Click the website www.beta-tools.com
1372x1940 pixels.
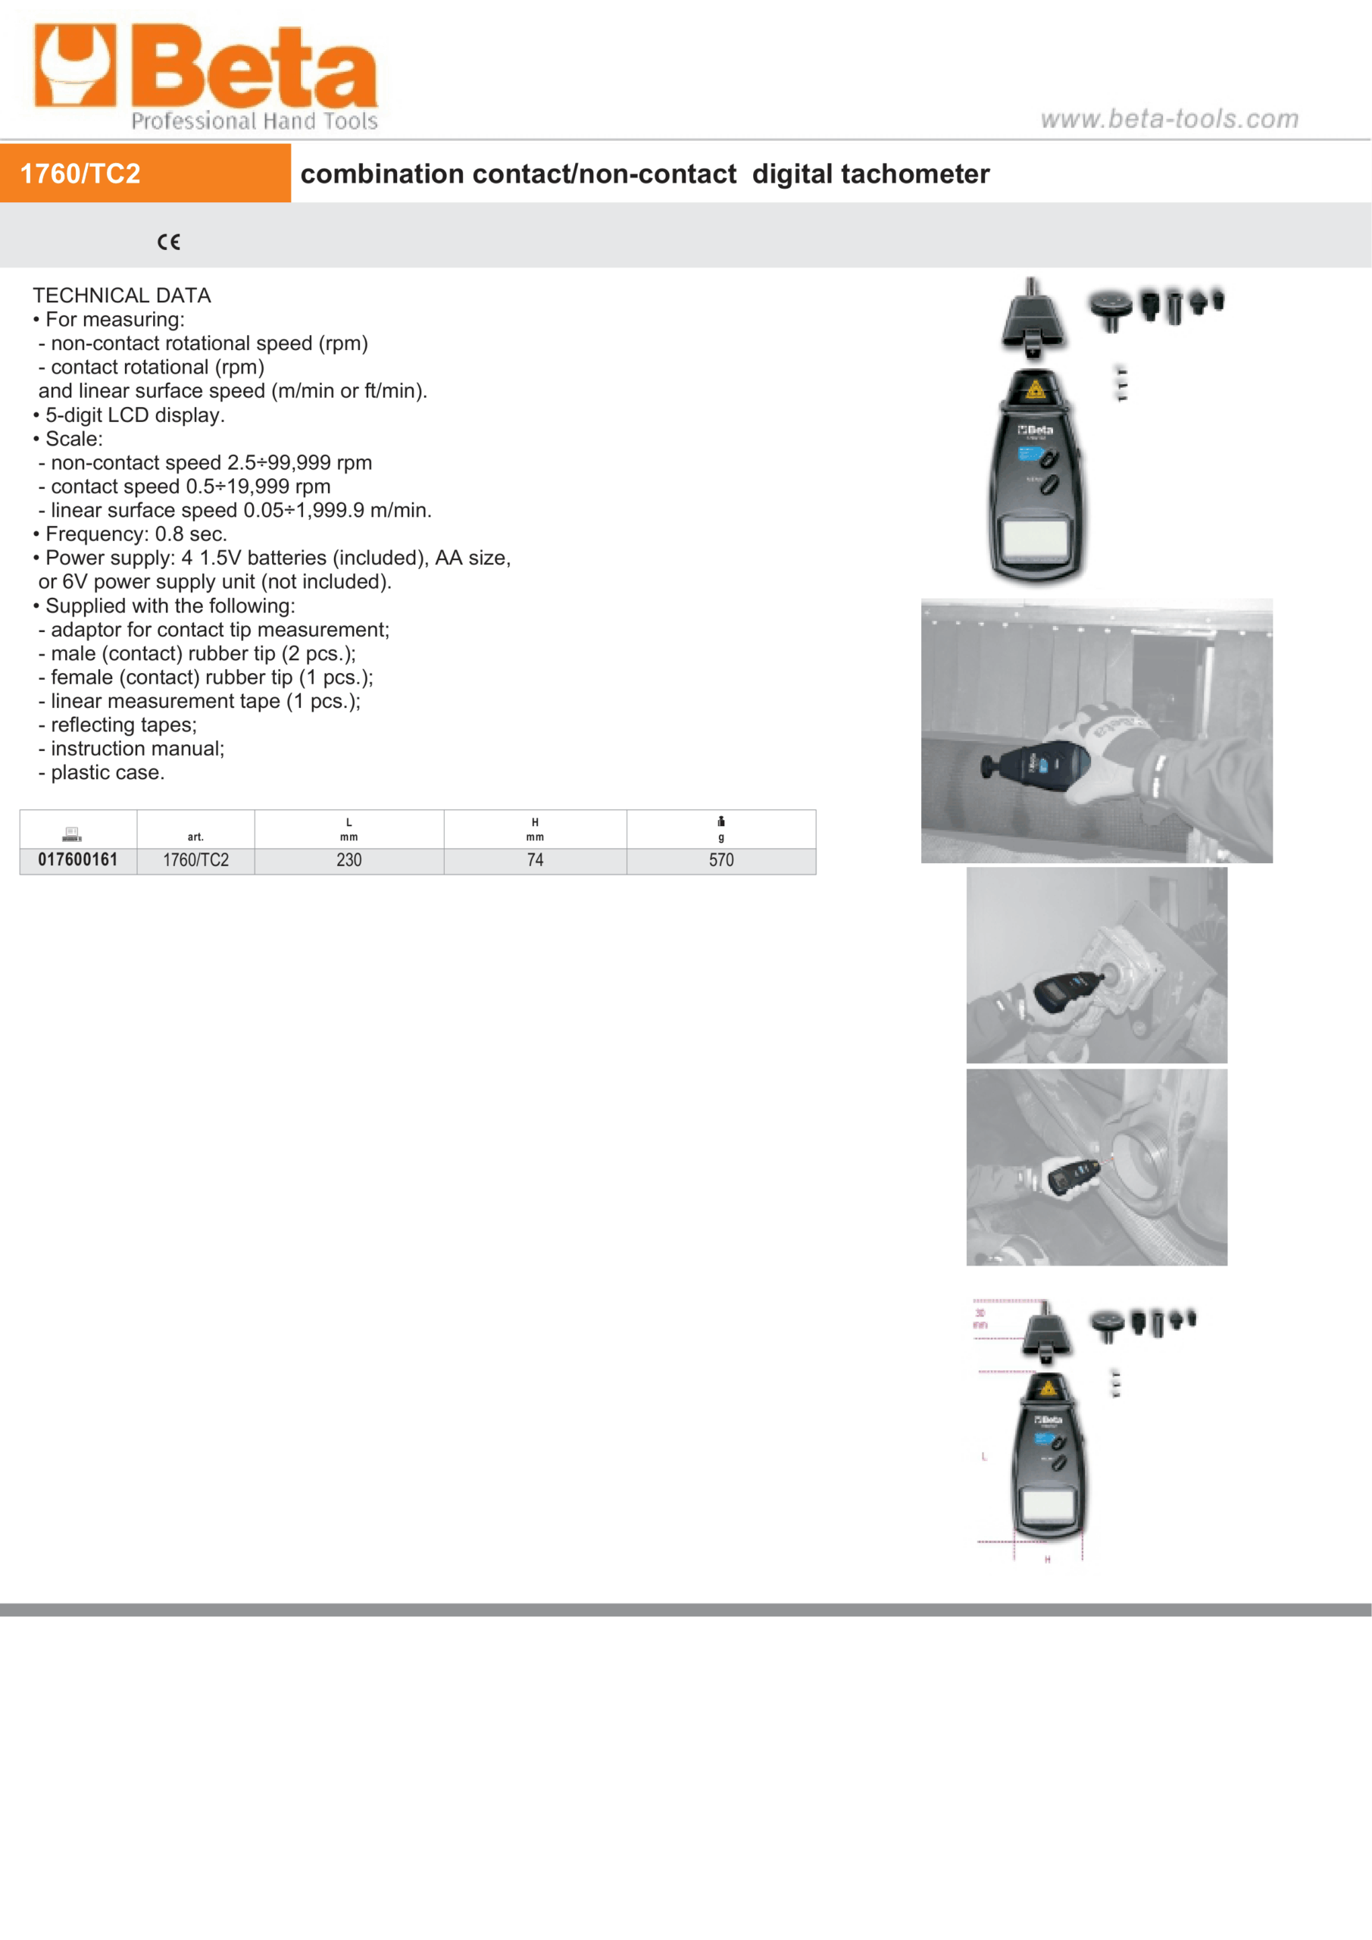tap(1169, 118)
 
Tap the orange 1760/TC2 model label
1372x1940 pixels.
tap(80, 174)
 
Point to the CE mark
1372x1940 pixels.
tap(168, 242)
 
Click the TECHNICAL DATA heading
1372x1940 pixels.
tap(122, 295)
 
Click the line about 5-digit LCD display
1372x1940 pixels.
tap(134, 415)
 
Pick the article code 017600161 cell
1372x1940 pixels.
tap(78, 859)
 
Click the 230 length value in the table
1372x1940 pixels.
tap(349, 860)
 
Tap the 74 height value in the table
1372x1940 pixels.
tap(535, 860)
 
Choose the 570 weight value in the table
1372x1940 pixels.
tap(720, 860)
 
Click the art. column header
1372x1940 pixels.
tap(195, 837)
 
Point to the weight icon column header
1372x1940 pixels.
tap(720, 821)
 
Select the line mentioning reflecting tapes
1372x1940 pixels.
tap(123, 725)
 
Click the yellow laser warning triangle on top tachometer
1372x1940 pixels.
tap(1035, 390)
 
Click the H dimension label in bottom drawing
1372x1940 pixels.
tap(1048, 1559)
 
